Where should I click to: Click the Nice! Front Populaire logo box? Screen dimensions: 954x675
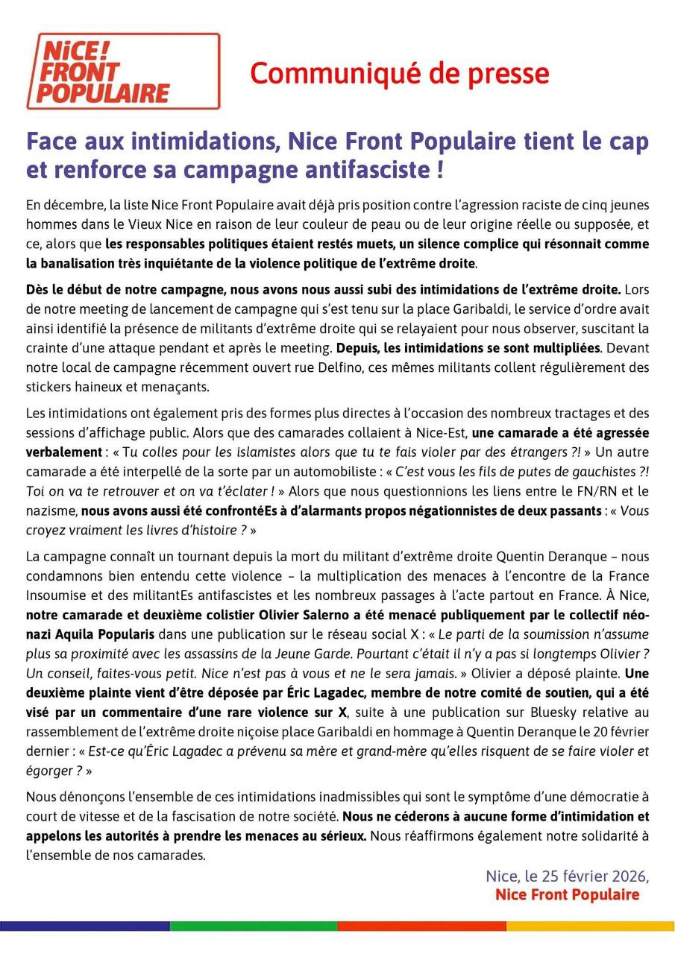click(x=123, y=72)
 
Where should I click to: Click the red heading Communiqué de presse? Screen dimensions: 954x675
click(x=399, y=74)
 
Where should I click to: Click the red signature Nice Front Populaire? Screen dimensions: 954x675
click(x=567, y=894)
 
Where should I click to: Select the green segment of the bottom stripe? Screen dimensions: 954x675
click(x=253, y=926)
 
